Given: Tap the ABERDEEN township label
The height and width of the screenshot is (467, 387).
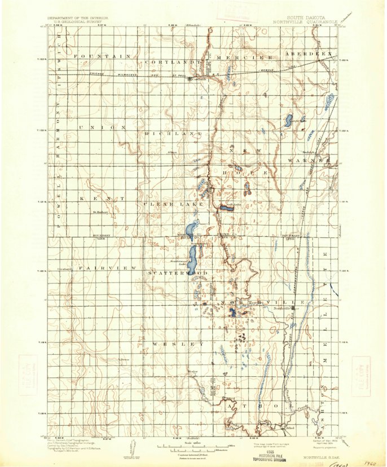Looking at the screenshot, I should click(310, 54).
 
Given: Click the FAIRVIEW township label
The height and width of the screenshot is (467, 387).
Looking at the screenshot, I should click(107, 268).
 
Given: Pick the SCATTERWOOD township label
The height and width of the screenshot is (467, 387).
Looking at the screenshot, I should click(178, 273).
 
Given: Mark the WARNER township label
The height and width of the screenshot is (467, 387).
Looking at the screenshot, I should click(309, 160).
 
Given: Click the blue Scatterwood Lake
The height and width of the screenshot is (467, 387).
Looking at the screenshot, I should click(192, 257).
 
